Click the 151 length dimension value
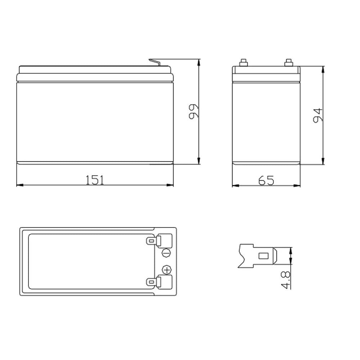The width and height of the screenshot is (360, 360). click(x=95, y=180)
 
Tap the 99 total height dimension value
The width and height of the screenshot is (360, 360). click(x=194, y=112)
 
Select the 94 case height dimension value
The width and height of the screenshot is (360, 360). click(x=318, y=116)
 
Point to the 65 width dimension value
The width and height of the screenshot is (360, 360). click(x=266, y=180)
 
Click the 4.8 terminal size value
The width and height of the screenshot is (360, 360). click(x=285, y=280)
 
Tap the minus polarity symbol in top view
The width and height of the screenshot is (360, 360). click(x=167, y=253)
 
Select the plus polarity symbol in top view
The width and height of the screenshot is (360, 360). click(x=167, y=270)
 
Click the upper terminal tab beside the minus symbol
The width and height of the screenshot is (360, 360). click(x=159, y=240)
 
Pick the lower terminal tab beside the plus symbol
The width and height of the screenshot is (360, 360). click(x=159, y=282)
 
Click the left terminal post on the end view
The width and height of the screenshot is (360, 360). click(x=243, y=63)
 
